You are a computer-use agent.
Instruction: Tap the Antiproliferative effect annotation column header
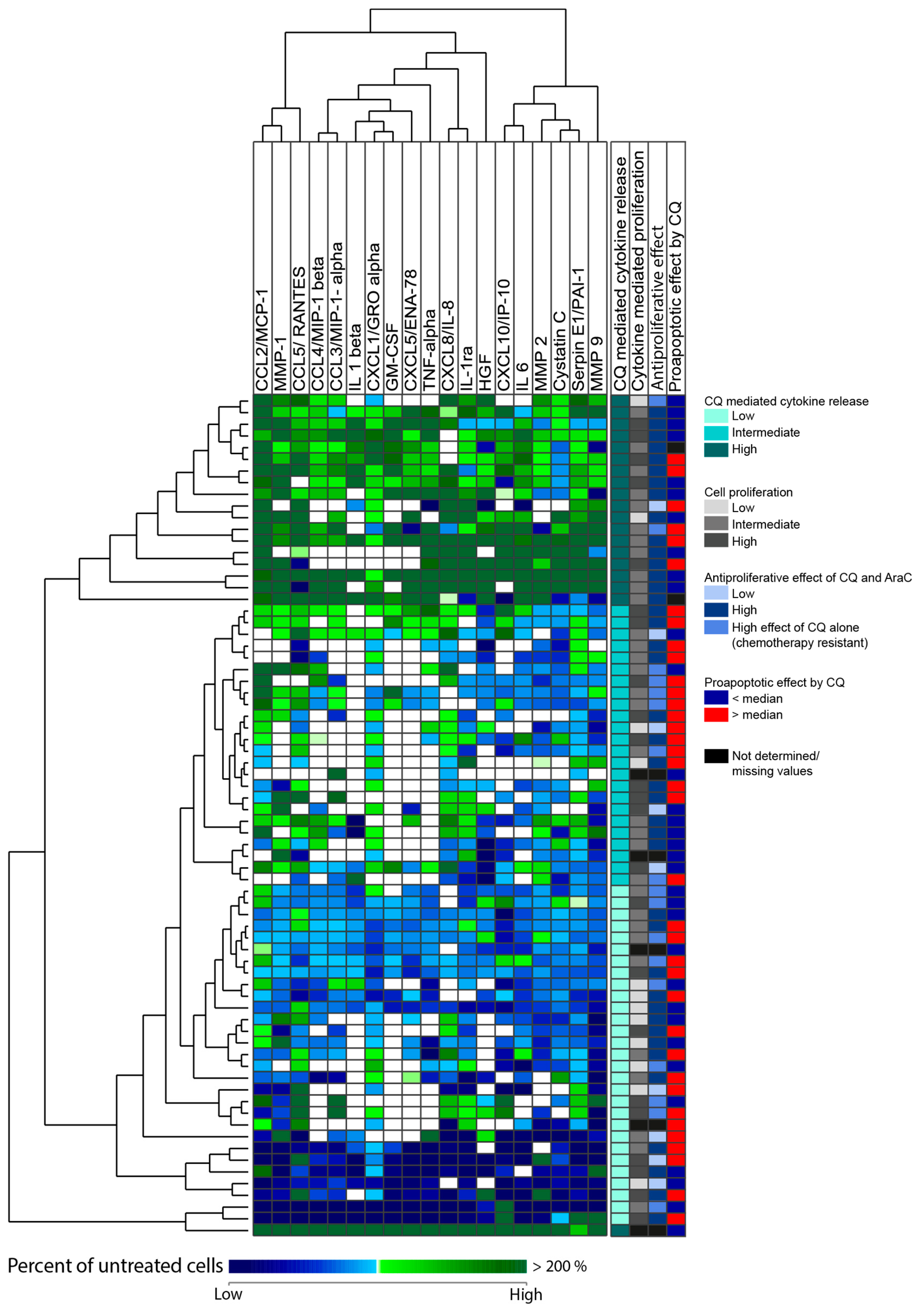click(657, 308)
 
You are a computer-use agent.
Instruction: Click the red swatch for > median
click(716, 714)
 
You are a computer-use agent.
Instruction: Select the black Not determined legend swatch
click(716, 756)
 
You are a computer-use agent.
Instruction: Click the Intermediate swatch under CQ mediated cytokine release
click(716, 432)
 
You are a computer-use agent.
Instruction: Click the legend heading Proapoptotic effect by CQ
click(774, 682)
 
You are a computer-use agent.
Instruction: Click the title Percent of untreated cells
click(115, 1265)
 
